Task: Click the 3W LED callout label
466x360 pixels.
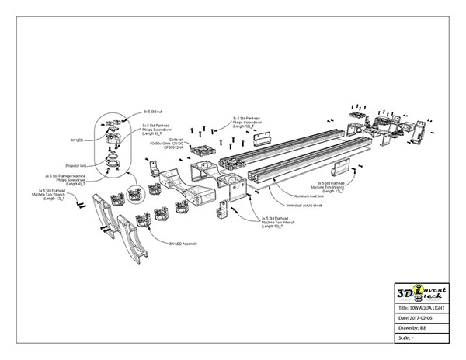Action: coord(76,139)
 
